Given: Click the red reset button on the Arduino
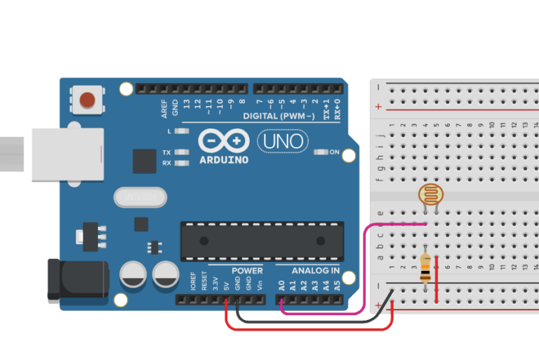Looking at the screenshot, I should (x=88, y=100).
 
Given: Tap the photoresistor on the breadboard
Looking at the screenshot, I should (x=430, y=195).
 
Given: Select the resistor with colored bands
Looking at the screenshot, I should (x=425, y=268).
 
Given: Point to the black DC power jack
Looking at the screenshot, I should (x=76, y=281).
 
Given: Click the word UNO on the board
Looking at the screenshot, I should (x=283, y=142).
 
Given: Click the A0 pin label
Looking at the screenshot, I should (x=281, y=285).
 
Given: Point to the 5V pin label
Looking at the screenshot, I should (x=226, y=286).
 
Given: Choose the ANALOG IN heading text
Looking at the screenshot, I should (x=316, y=270).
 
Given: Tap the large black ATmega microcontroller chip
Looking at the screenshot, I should (x=262, y=241).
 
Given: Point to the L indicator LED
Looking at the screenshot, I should (x=183, y=131).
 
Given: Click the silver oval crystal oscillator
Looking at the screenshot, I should (x=140, y=198).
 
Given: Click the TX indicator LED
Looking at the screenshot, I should (x=183, y=152).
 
